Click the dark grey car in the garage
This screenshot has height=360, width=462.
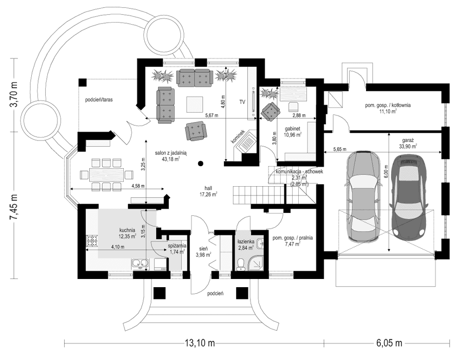(410, 196)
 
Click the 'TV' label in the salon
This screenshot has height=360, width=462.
(242, 102)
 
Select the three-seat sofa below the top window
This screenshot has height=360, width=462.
(193, 77)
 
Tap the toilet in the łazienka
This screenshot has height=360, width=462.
(241, 264)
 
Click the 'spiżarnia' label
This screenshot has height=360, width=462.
(177, 246)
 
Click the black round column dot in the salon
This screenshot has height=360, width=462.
(201, 164)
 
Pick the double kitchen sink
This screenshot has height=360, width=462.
(140, 264)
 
